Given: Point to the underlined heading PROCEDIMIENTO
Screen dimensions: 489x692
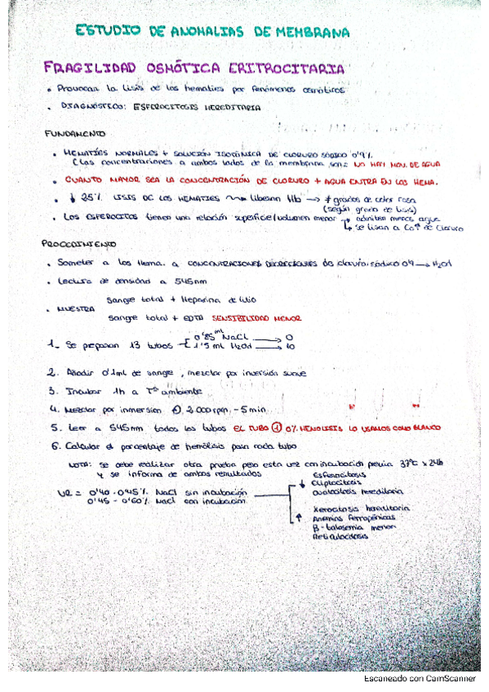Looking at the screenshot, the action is tap(79, 244).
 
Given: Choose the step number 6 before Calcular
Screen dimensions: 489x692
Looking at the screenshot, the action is tap(53, 446).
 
